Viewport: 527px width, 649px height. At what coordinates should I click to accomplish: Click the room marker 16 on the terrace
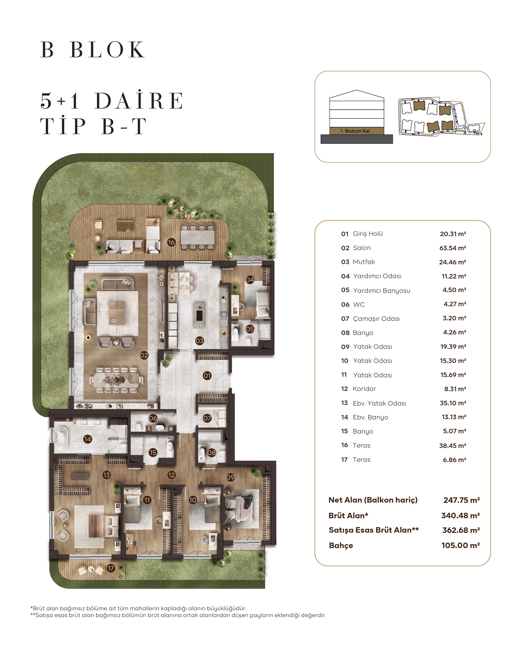(x=171, y=242)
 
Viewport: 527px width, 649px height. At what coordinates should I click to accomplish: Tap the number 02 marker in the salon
(x=144, y=355)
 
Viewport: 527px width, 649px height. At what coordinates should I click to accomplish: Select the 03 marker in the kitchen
(x=199, y=341)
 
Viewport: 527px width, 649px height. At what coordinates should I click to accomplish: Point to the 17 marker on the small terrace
(x=111, y=568)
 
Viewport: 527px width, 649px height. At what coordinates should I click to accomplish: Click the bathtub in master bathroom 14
(x=62, y=439)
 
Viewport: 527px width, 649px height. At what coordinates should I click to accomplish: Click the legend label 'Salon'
(x=362, y=248)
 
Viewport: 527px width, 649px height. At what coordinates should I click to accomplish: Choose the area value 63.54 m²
(x=452, y=248)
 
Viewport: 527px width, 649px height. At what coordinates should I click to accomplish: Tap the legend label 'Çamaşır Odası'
(x=376, y=318)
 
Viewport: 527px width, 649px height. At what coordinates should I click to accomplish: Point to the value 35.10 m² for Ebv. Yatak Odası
(x=453, y=403)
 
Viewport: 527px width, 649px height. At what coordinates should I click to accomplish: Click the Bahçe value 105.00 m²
(x=460, y=545)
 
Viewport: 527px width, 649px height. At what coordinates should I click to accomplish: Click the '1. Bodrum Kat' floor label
(x=355, y=131)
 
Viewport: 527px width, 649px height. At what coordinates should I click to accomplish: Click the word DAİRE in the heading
(x=139, y=101)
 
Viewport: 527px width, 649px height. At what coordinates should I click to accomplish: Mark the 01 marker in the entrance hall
(x=207, y=375)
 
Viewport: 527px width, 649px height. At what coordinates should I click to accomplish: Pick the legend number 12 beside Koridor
(x=344, y=389)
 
